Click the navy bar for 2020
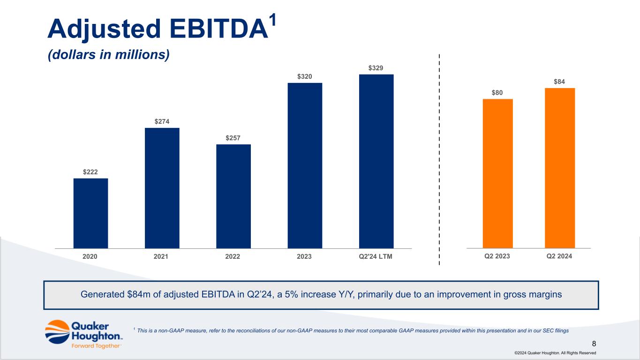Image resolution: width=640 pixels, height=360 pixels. pos(90,213)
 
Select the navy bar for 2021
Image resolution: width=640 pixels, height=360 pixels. pos(162,188)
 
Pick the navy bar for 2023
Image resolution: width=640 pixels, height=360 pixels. pos(305,165)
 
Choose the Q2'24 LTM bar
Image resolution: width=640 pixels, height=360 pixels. pos(376,161)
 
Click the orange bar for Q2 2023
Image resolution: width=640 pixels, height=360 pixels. pos(497,173)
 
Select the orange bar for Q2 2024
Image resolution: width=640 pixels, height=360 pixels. pos(559,168)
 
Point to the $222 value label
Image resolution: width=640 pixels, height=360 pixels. pos(90,172)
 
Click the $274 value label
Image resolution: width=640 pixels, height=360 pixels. pos(162,121)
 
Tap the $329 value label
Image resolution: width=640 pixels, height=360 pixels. pos(376,68)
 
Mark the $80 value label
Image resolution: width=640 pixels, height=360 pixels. pos(497,93)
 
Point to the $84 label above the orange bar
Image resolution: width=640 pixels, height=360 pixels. pos(559,82)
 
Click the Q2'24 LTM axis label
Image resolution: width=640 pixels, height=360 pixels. pos(376,256)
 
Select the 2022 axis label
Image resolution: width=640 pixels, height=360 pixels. pos(233,256)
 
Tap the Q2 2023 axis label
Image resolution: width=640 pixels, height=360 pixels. pos(497,256)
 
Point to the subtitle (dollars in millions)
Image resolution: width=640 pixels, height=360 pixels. pos(108,55)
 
